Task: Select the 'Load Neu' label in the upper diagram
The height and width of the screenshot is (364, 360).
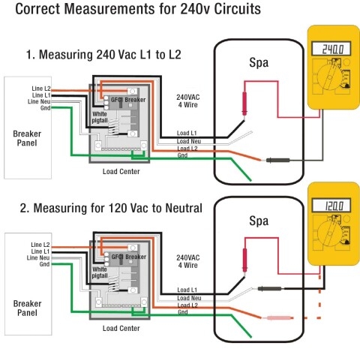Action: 189,140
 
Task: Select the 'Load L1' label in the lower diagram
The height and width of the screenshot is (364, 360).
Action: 188,290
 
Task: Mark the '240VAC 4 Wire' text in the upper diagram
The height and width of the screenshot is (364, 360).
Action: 190,101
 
